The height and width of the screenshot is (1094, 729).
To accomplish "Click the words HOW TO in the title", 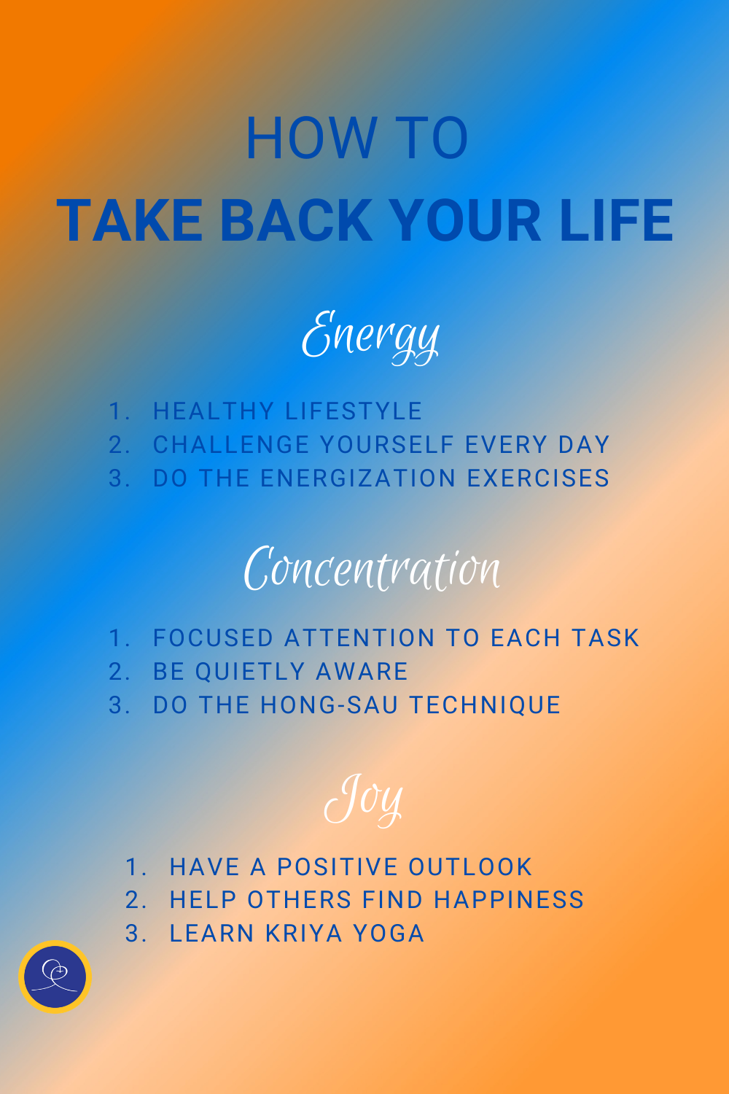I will [x=356, y=139].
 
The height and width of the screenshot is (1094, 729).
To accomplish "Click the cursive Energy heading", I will [x=370, y=336].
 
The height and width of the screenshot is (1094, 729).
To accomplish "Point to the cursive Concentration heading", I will [x=372, y=569].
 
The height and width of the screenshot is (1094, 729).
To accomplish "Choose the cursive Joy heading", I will [x=363, y=799].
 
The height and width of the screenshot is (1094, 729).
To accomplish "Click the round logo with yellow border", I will [x=55, y=976].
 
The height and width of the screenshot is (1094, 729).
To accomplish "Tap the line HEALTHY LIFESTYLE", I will [x=287, y=411].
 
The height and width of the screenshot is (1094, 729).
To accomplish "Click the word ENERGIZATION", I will [x=358, y=478].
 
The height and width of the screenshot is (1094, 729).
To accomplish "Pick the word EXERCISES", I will [x=538, y=478].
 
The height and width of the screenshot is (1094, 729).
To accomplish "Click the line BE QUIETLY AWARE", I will [x=280, y=672].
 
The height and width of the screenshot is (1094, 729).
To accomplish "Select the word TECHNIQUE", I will [x=485, y=705].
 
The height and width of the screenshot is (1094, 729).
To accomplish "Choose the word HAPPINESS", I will [x=509, y=900].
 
